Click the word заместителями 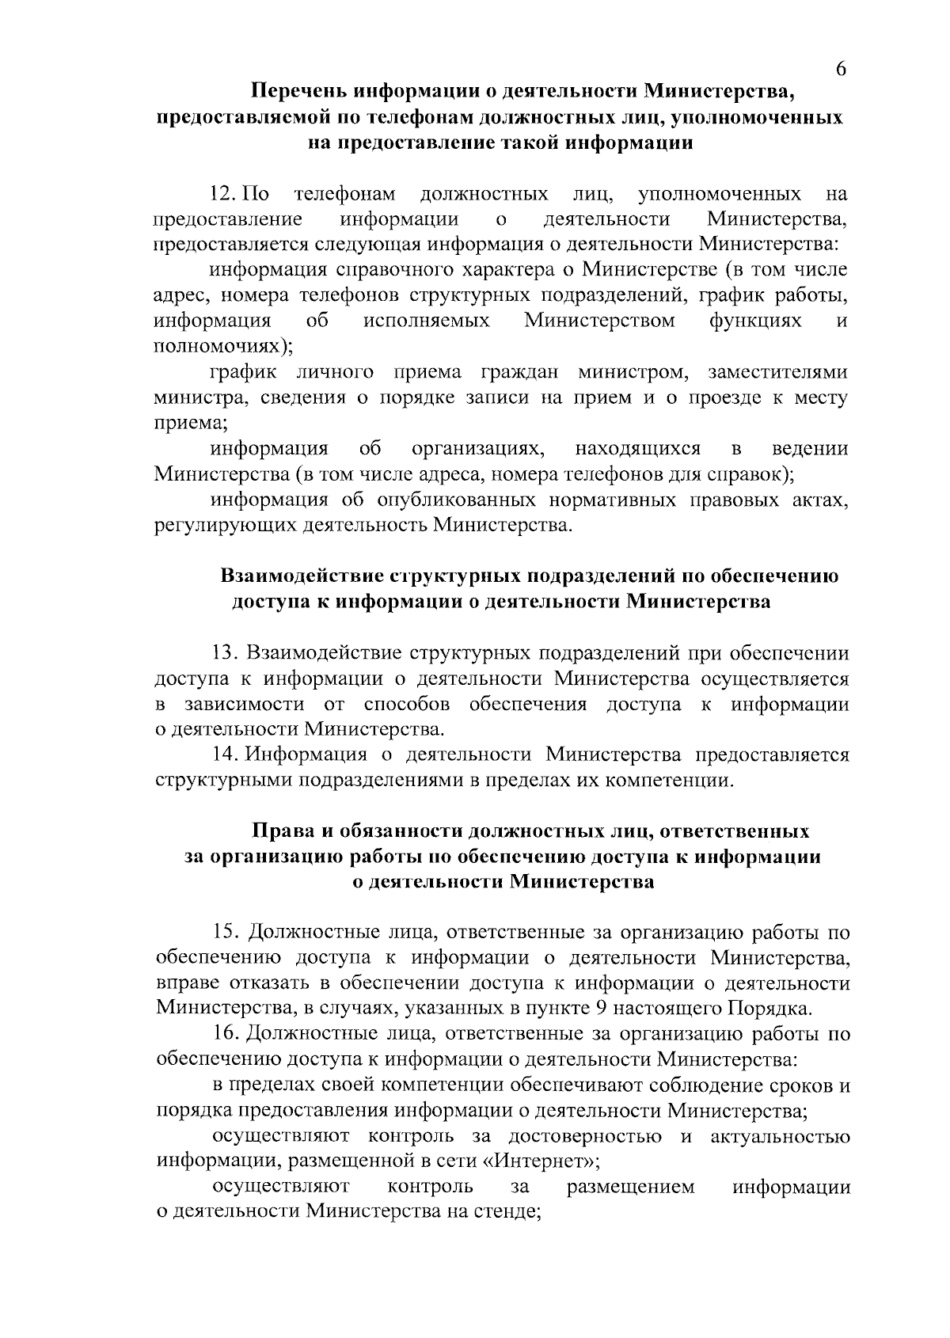click(x=778, y=372)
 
